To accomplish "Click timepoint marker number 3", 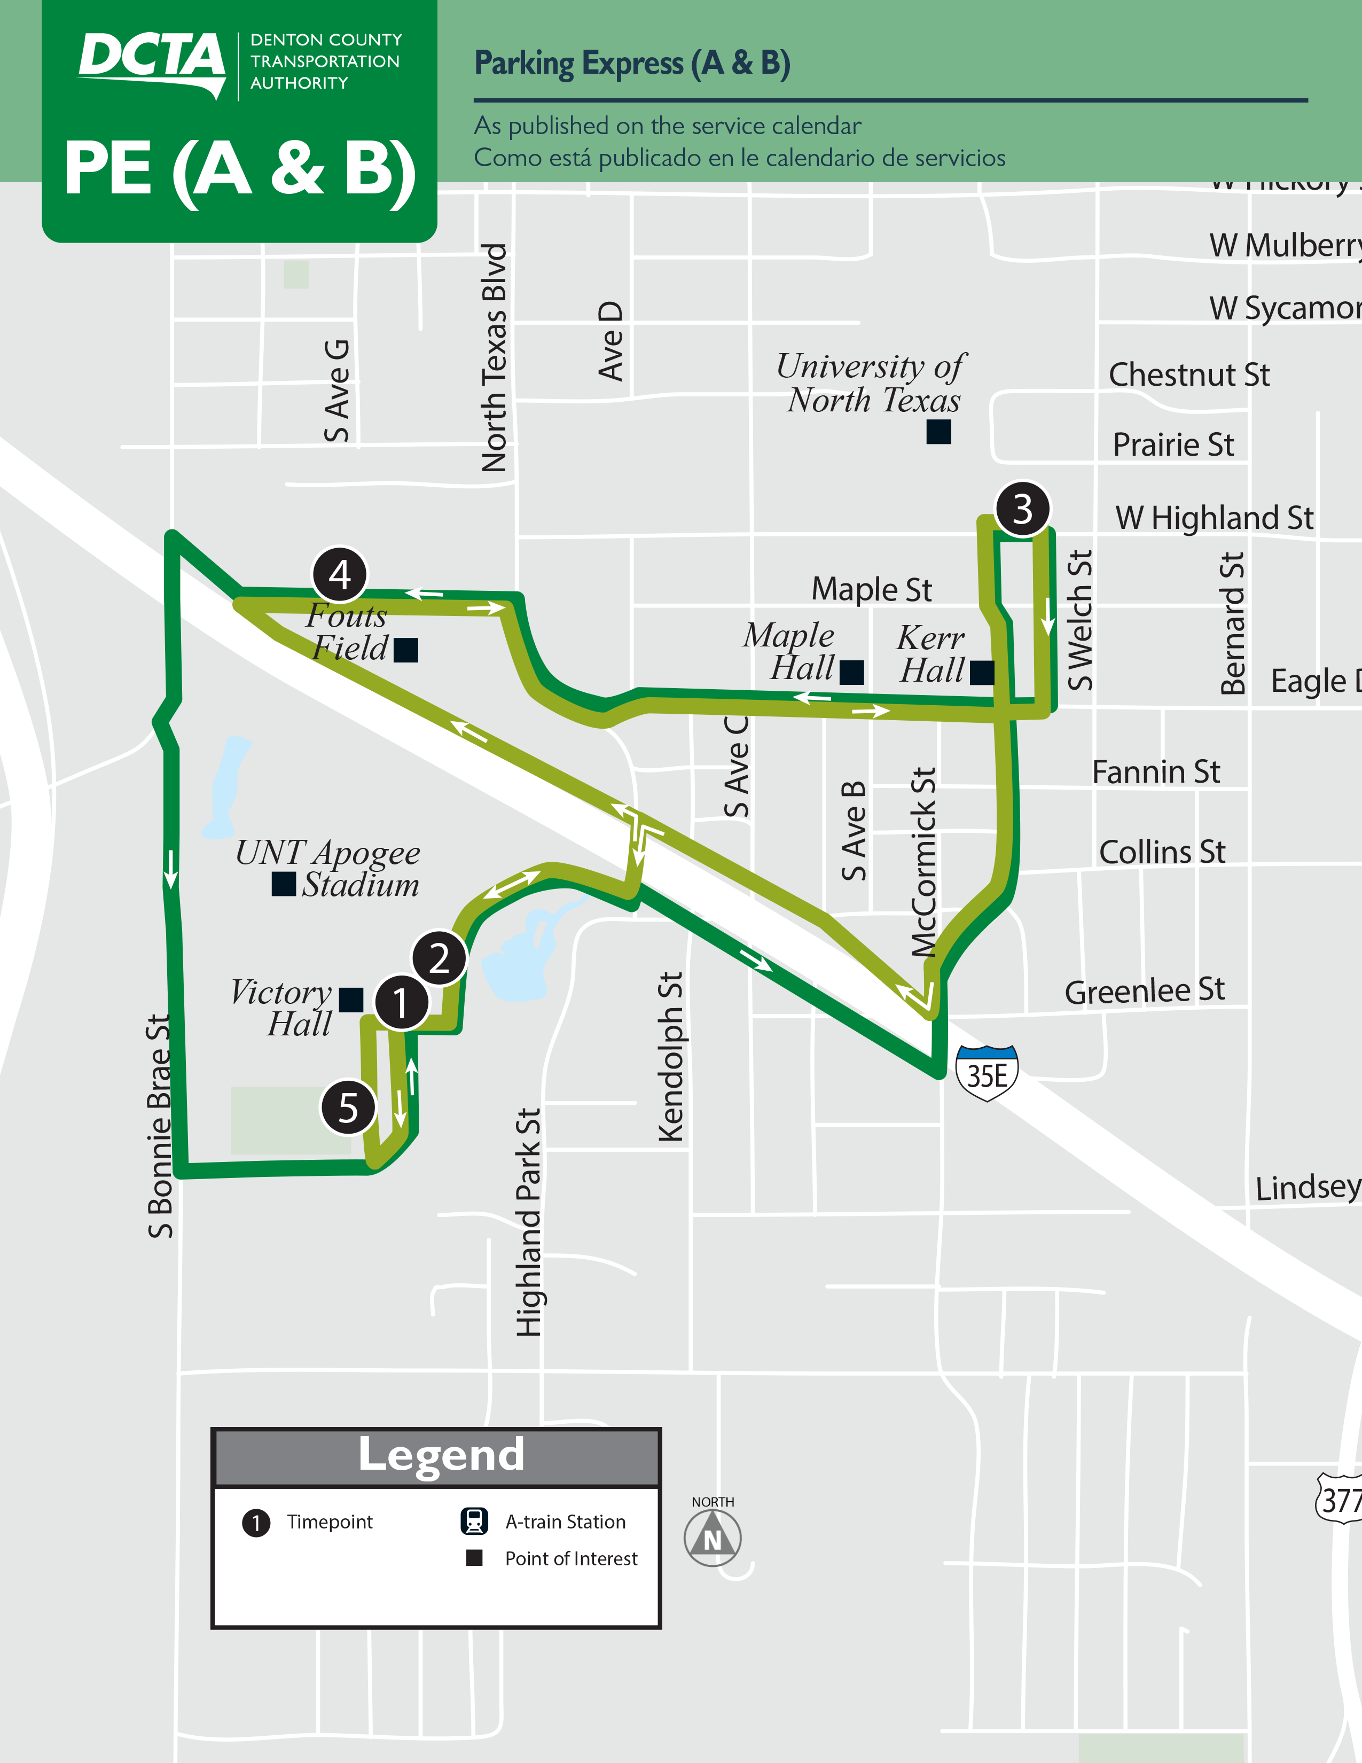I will tap(1022, 509).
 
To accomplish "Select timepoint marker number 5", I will tap(348, 1107).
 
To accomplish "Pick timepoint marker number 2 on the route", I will tap(439, 958).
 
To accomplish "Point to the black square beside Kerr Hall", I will tap(982, 673).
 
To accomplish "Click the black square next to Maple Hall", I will tap(851, 673).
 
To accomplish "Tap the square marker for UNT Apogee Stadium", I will tap(283, 884).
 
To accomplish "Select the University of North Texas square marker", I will tap(938, 432).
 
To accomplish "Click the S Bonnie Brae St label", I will tap(160, 1126).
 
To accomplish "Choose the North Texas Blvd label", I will tap(494, 357).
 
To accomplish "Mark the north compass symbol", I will tap(713, 1537).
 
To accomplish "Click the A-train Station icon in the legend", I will tap(474, 1521).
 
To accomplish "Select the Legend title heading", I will tap(441, 1455).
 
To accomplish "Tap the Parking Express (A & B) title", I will tap(632, 63).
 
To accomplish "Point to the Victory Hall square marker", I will tap(351, 1000).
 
